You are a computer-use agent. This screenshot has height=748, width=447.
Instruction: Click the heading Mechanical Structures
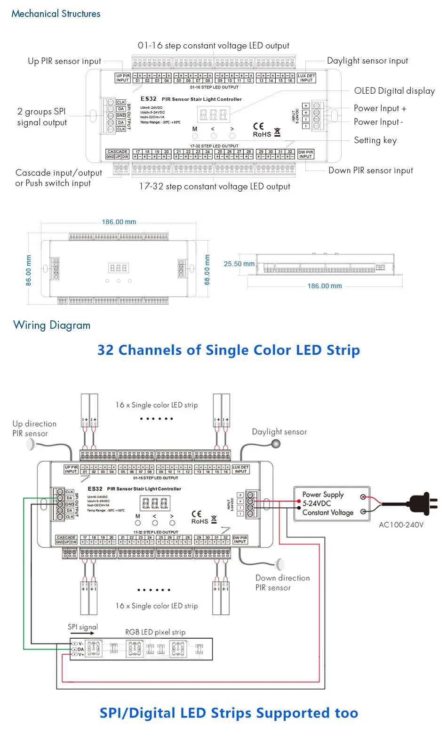(56, 14)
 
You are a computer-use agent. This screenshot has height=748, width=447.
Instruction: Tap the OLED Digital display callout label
(394, 91)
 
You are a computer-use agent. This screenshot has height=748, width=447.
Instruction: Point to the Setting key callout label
(375, 140)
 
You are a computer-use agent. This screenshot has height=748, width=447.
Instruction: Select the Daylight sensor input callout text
(367, 61)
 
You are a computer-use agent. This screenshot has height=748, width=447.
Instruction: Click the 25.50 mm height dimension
(239, 264)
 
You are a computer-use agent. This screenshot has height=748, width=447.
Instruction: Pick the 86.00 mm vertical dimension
(29, 270)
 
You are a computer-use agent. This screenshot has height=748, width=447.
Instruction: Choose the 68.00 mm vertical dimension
(207, 270)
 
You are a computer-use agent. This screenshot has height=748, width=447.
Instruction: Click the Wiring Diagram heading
(52, 325)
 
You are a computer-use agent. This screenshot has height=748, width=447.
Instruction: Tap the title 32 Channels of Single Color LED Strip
(228, 350)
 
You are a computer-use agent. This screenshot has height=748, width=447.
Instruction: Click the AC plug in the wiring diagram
(422, 503)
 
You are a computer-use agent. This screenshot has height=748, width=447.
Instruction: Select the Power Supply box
(332, 504)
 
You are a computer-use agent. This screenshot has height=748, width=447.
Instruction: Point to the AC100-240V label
(401, 525)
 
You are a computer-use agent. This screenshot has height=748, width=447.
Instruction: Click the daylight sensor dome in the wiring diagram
(276, 443)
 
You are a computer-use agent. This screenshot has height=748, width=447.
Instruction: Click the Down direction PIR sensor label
(282, 583)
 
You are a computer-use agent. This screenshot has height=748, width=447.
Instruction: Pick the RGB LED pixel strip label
(155, 632)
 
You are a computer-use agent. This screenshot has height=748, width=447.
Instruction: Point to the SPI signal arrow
(83, 633)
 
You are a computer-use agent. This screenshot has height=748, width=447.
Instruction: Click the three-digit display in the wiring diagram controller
(155, 504)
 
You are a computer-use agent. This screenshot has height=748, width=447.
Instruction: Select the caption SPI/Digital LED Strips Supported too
(229, 713)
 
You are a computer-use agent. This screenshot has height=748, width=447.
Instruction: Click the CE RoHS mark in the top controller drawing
(262, 130)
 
